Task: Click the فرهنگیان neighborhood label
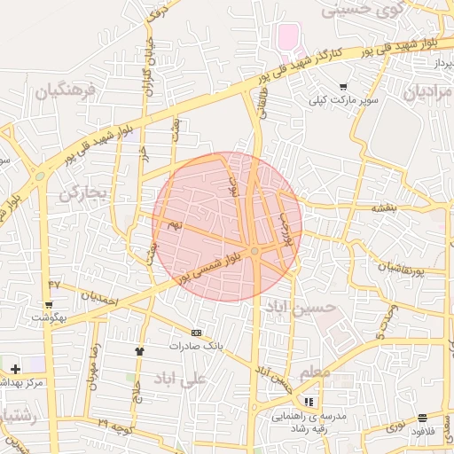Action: (x=65, y=91)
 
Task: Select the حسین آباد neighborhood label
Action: (x=301, y=307)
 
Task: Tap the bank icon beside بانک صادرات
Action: (x=196, y=333)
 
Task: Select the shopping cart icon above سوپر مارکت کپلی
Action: (x=343, y=87)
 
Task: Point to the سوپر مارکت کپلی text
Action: (x=343, y=100)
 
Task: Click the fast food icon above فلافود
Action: (x=423, y=417)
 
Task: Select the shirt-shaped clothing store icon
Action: (x=139, y=351)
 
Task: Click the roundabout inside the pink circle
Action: (x=254, y=253)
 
